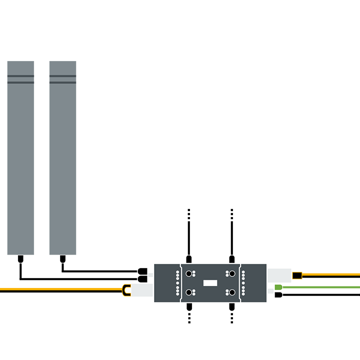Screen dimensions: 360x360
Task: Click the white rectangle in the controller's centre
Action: coord(210,283)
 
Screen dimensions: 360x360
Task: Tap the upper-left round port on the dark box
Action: coord(189,274)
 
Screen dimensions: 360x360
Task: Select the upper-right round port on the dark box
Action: coord(232,274)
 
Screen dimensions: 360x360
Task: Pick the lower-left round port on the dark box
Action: coord(189,292)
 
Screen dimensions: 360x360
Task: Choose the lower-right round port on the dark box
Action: coord(232,292)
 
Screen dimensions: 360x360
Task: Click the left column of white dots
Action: coord(177,283)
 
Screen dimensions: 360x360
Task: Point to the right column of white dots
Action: coord(243,283)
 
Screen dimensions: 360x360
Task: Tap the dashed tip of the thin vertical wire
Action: coord(189,214)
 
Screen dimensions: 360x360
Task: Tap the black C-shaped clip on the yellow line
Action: coord(126,290)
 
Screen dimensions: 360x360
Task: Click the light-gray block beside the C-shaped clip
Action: coord(142,290)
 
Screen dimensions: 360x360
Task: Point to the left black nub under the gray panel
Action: coord(20,258)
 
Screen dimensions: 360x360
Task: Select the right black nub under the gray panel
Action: coord(62,258)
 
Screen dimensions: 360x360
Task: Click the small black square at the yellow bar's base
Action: coord(296,275)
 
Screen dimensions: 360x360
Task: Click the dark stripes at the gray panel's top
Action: coord(68,79)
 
